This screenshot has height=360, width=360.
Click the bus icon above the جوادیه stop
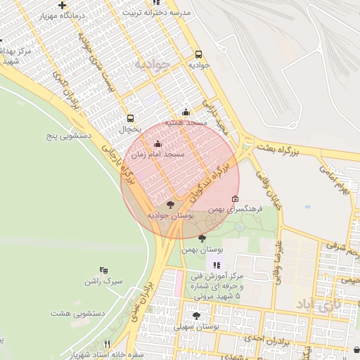198,54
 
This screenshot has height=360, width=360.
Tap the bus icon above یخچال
130,119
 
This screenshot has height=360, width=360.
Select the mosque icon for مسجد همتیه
186,112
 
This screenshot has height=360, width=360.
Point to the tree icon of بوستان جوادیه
169,205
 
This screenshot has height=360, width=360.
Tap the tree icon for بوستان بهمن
202,239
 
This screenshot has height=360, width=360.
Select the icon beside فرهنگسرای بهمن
235,198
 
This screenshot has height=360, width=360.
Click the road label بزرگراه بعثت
295,151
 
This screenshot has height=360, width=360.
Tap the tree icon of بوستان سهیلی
196,316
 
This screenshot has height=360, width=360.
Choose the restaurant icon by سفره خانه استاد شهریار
107,344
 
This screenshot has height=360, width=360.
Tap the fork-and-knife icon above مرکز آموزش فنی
217,265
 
